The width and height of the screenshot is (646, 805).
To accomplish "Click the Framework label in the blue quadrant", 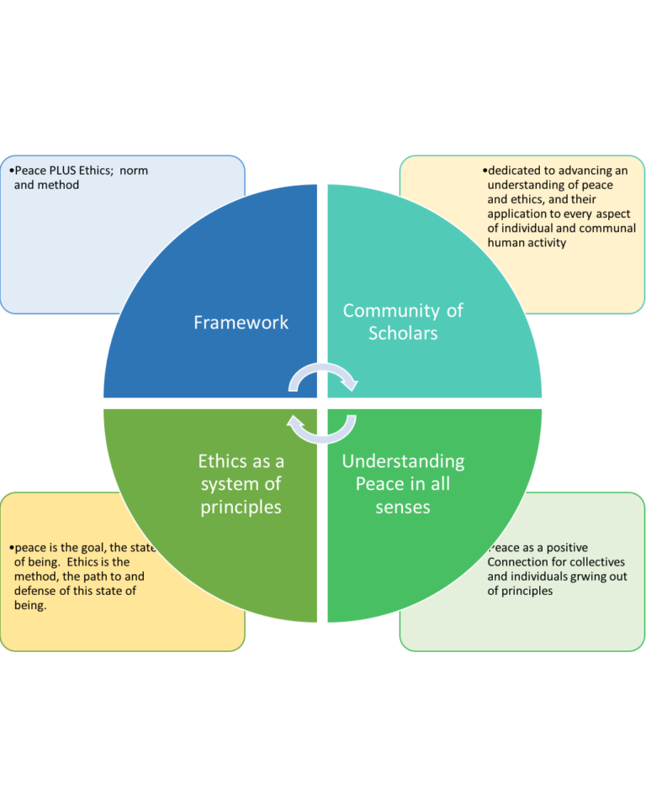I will pyautogui.click(x=241, y=323).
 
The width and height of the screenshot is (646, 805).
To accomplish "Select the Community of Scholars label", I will pyautogui.click(x=403, y=322).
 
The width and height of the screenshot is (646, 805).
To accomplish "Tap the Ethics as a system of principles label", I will pyautogui.click(x=241, y=484).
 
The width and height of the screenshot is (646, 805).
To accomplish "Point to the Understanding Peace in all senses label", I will pyautogui.click(x=403, y=484).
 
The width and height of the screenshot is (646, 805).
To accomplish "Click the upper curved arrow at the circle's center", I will pyautogui.click(x=323, y=376).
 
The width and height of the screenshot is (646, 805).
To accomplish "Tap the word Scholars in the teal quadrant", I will pyautogui.click(x=403, y=333).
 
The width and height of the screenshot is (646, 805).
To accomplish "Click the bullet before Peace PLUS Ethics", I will pyautogui.click(x=11, y=171).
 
